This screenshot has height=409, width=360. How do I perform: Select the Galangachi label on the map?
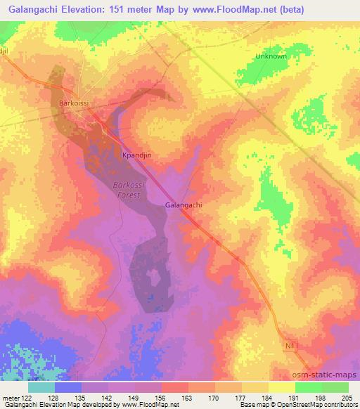[x=184, y=204]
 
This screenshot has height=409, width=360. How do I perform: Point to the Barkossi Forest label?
[x=127, y=190]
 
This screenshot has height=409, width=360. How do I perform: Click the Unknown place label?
[x=271, y=56]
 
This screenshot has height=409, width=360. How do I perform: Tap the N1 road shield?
[x=291, y=346]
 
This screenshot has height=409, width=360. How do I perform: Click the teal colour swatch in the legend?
[x=41, y=387]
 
